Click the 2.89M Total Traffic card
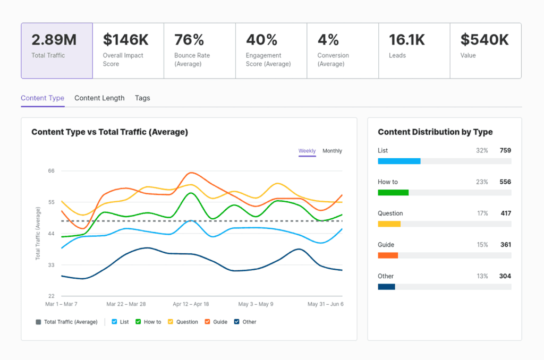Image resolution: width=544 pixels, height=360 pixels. tap(57, 50)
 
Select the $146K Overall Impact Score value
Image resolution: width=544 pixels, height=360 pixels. tap(125, 40)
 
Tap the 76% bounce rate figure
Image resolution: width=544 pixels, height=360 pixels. tap(189, 40)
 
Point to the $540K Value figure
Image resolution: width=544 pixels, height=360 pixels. tap(484, 40)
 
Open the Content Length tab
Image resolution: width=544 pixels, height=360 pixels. tap(99, 98)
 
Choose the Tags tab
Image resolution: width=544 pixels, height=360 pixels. tap(142, 98)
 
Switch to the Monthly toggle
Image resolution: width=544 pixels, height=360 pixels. tap(332, 151)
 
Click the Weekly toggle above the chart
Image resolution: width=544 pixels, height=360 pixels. tap(307, 151)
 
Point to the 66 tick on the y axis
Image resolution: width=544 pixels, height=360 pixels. tap(51, 171)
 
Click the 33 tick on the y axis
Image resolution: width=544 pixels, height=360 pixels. tap(51, 265)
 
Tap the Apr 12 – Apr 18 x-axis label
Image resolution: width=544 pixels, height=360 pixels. tap(191, 305)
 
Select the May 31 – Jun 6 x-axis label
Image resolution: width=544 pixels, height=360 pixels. tap(325, 305)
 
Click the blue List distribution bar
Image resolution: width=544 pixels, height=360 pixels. tap(399, 161)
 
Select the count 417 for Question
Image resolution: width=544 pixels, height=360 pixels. tap(505, 213)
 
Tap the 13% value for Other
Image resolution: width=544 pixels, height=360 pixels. tap(482, 276)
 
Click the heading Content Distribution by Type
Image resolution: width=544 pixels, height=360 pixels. tap(435, 132)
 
